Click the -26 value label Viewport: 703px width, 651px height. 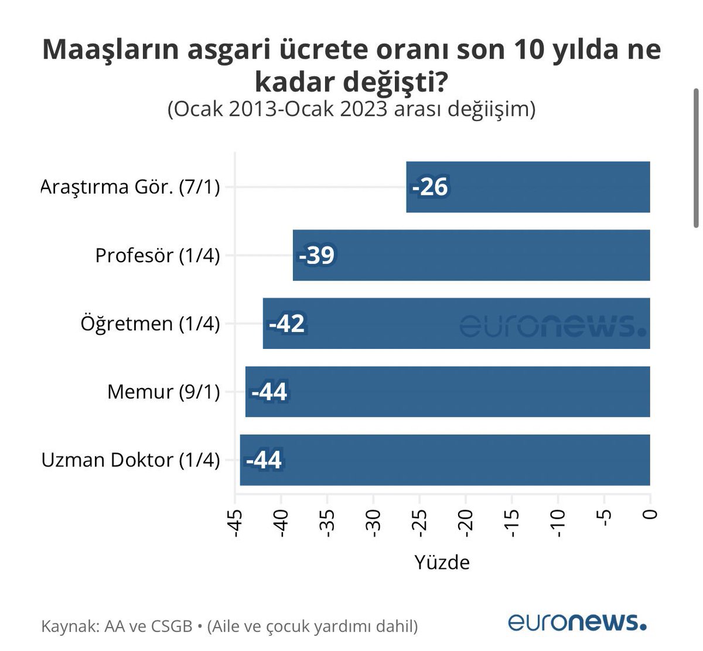pyautogui.click(x=430, y=187)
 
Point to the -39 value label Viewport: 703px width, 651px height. pyautogui.click(x=316, y=255)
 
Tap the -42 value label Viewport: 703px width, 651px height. pyautogui.click(x=287, y=324)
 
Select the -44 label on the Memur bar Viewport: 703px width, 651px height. pyautogui.click(x=269, y=392)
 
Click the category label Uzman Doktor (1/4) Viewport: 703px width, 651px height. pyautogui.click(x=131, y=460)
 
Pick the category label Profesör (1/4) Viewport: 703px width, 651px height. pyautogui.click(x=158, y=255)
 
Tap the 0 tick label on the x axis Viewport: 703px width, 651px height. pyautogui.click(x=650, y=515)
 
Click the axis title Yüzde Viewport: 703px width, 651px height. pyautogui.click(x=442, y=562)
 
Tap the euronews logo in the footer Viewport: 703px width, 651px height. pyautogui.click(x=577, y=622)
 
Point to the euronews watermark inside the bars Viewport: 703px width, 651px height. pyautogui.click(x=553, y=325)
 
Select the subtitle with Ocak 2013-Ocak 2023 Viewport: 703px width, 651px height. pyautogui.click(x=351, y=109)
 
